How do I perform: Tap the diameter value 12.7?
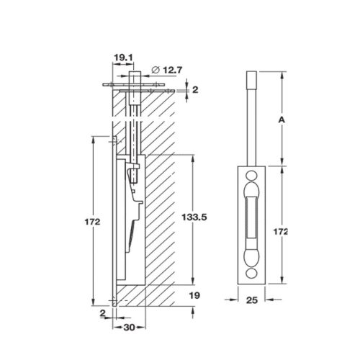pyautogui.click(x=171, y=70)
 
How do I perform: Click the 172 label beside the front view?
pyautogui.click(x=282, y=232)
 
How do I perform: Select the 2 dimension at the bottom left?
pyautogui.click(x=104, y=314)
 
